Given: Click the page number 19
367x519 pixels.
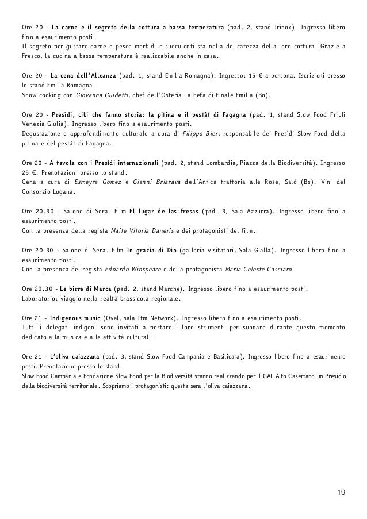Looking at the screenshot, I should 341,493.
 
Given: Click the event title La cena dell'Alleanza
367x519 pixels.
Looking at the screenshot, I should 84,75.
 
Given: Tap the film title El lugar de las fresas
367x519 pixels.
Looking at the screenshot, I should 164,211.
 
